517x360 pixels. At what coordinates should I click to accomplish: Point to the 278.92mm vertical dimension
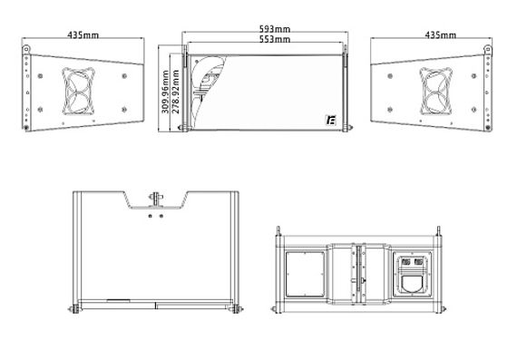click(x=176, y=92)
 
